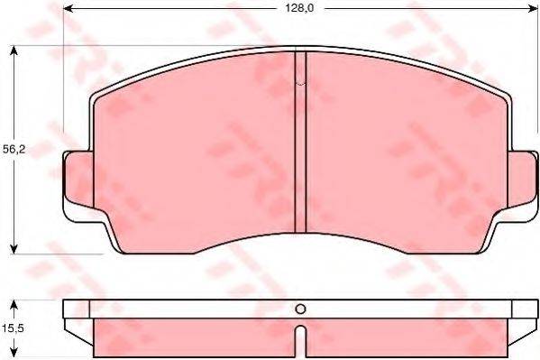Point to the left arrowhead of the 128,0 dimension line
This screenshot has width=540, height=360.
(x=69, y=8)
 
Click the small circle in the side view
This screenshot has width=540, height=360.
(x=302, y=309)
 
